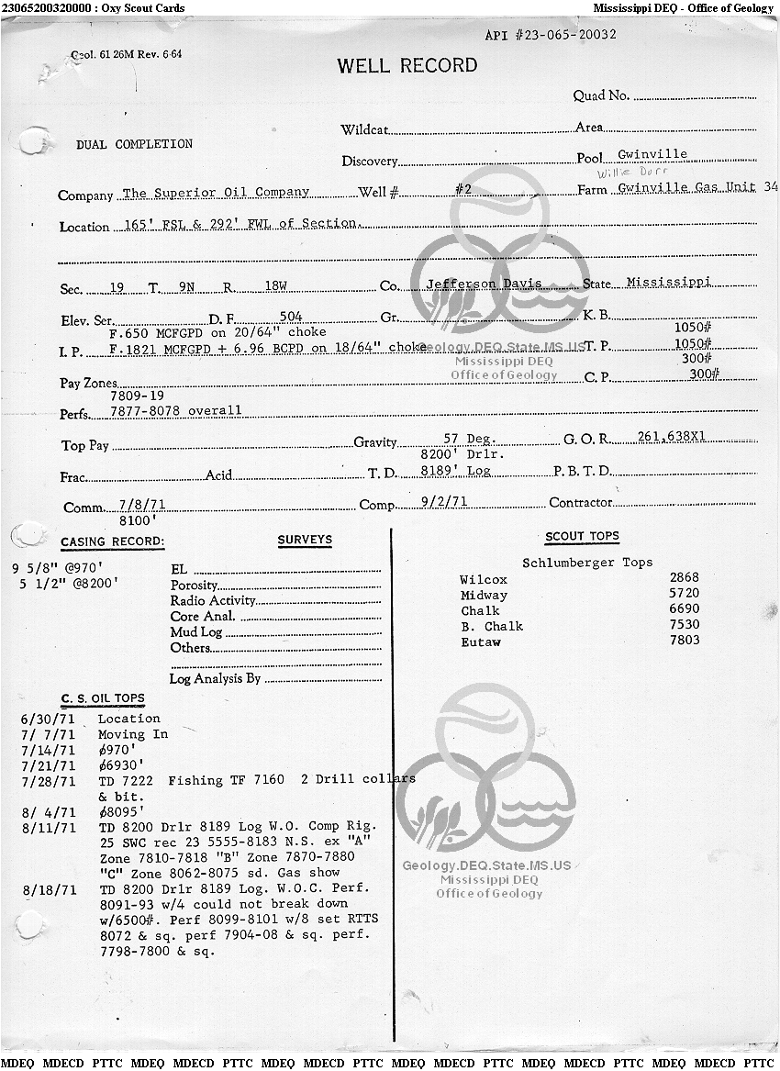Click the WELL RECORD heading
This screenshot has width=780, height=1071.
tap(407, 65)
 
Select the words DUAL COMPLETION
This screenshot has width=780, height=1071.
tap(134, 144)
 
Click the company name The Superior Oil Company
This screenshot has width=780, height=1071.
tap(216, 193)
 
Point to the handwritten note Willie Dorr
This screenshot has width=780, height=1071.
tap(633, 172)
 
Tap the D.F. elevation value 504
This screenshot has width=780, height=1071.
tap(290, 317)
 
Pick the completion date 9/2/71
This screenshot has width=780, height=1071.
tap(443, 502)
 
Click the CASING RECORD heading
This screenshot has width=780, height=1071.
tap(113, 542)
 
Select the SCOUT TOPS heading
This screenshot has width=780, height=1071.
tap(582, 536)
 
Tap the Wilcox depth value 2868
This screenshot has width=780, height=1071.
tap(684, 577)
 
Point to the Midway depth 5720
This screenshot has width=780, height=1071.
tap(684, 594)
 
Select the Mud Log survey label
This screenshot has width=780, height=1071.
tap(196, 632)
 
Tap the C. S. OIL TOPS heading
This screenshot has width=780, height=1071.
tap(103, 698)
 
